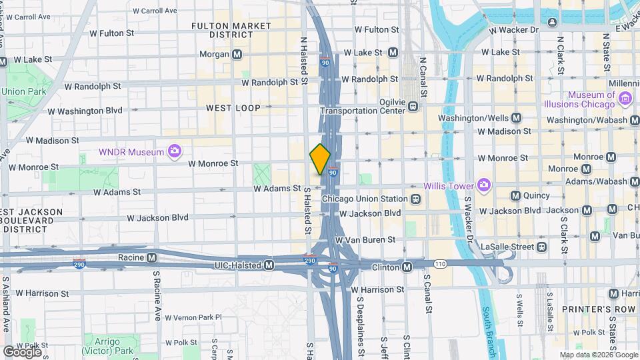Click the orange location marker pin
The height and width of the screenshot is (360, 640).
(320, 159)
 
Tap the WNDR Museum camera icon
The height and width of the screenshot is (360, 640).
(175, 152)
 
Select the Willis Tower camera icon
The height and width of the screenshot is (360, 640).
(483, 185)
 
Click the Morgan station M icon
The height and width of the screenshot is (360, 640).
(237, 53)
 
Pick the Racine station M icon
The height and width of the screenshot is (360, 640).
(152, 257)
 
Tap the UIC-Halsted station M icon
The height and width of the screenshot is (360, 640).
(269, 265)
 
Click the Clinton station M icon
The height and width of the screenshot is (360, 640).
(407, 267)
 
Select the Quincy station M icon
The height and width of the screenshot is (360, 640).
(515, 195)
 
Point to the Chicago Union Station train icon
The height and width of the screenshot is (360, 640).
(415, 199)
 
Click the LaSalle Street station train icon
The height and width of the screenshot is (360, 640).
(541, 247)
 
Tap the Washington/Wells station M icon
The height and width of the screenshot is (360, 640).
(516, 117)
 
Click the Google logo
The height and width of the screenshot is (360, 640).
(22, 351)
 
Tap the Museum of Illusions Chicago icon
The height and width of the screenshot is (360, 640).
(625, 99)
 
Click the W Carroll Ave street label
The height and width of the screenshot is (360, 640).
(155, 11)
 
